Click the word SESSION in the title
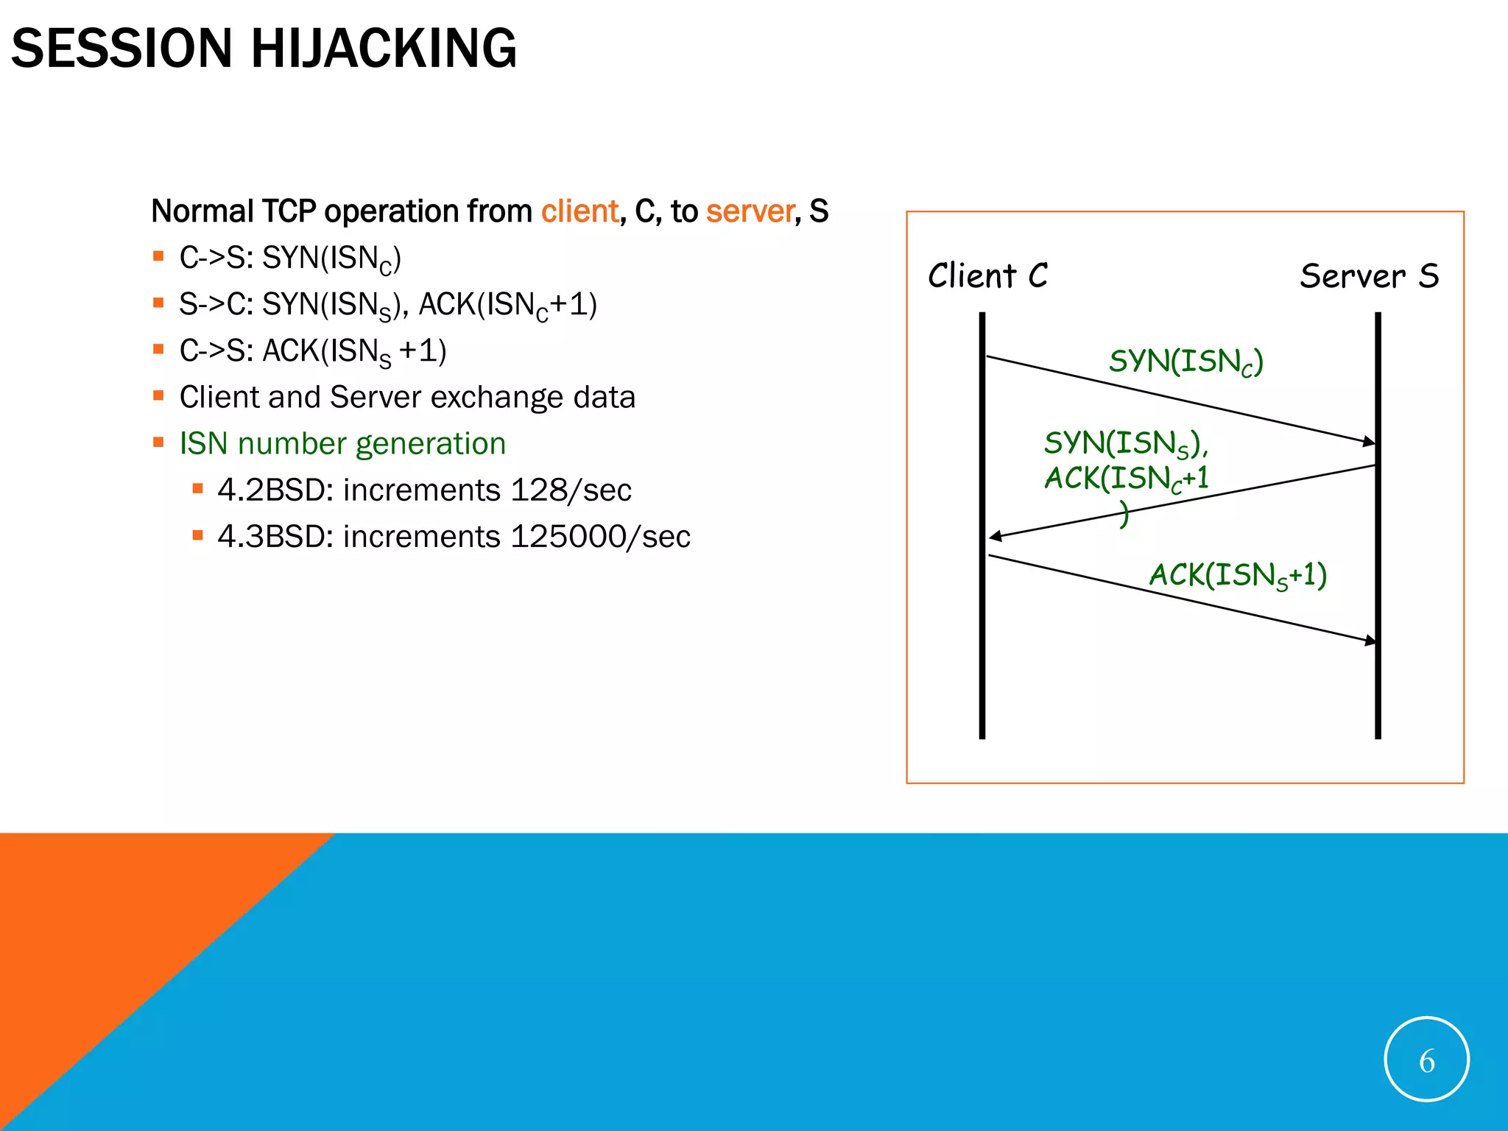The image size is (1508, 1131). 121,49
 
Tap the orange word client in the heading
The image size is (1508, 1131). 579,211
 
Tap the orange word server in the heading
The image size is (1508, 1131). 750,211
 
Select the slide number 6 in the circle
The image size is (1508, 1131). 1426,1061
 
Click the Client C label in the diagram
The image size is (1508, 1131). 987,276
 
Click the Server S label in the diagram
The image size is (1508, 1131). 1368,276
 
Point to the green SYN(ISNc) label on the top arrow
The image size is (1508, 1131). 1185,362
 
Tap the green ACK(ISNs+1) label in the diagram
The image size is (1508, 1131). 1238,575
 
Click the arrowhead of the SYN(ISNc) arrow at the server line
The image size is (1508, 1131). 1369,442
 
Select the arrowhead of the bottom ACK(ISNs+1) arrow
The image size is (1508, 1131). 1370,641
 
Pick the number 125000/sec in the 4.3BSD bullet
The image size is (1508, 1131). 600,537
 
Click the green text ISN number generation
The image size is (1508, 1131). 342,444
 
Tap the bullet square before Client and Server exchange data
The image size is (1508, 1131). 158,395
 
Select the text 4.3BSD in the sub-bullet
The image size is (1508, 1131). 269,537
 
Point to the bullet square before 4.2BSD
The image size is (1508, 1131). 197,488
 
